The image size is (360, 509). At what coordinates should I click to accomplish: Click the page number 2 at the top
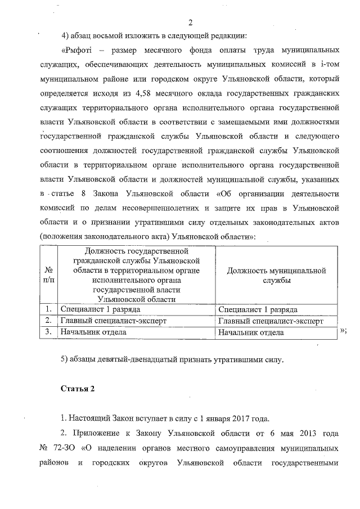[x=190, y=23]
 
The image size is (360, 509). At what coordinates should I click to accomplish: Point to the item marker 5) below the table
[x=65, y=359]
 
